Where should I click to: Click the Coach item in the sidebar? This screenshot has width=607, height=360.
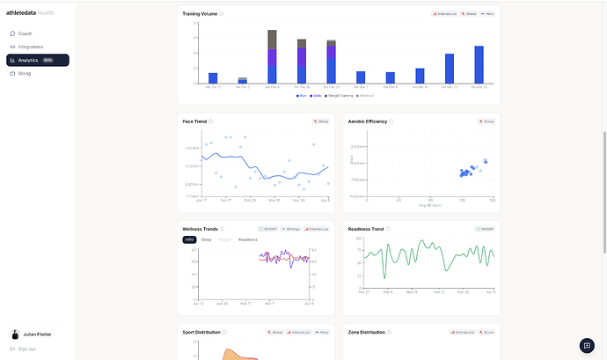point(25,33)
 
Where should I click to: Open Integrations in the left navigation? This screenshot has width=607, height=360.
point(30,47)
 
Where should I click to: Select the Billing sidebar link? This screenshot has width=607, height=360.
point(25,73)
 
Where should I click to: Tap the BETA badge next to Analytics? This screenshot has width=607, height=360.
point(48,60)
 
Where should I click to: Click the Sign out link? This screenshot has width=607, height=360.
point(26,349)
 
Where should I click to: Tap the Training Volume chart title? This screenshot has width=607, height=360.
point(200,14)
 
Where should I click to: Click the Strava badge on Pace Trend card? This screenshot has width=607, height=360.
point(322,121)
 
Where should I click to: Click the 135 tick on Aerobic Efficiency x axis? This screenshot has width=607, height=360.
point(462,200)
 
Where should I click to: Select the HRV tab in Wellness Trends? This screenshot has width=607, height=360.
point(190,239)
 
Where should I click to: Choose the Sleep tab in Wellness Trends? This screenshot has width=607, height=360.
point(206,239)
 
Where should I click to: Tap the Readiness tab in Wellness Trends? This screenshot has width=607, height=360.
point(248,239)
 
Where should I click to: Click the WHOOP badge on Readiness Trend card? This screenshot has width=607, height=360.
point(486,229)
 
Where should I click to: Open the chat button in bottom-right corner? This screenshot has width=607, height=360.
point(587,345)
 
